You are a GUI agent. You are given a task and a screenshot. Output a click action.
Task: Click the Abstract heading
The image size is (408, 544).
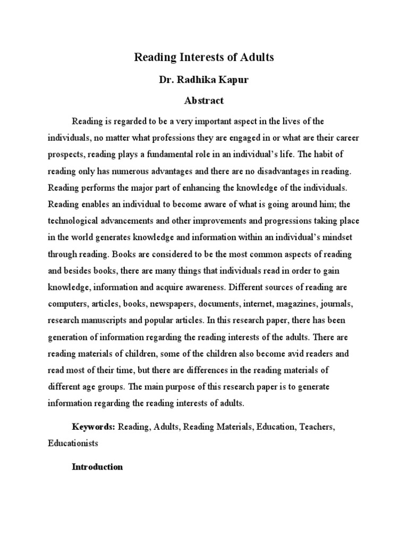tap(203, 100)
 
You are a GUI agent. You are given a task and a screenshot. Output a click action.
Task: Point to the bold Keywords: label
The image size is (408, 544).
tap(93, 426)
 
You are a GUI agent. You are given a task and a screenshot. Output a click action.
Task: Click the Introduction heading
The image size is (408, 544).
tap(97, 467)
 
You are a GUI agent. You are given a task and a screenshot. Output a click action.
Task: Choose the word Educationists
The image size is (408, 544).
tap(73, 441)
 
